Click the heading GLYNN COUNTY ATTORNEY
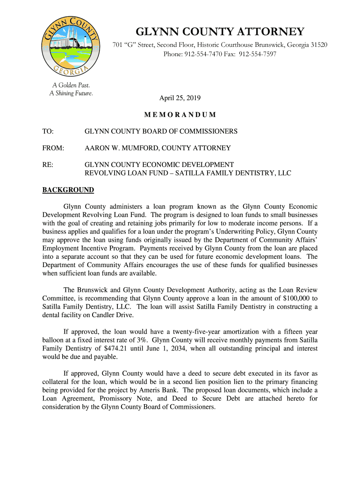220,32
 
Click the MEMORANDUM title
180,115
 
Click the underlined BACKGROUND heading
68,190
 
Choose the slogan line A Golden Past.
71,85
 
